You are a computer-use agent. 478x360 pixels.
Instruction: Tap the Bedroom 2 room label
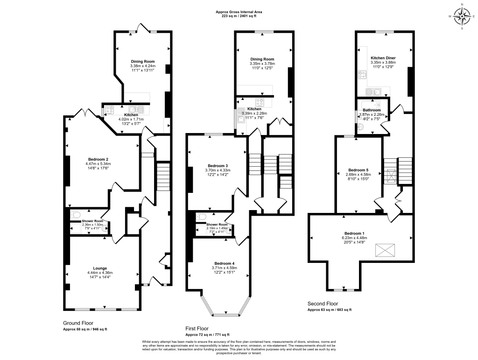pos(98,159)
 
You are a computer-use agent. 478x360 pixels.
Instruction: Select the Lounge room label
pos(98,268)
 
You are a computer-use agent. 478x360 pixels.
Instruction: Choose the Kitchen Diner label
pos(383,58)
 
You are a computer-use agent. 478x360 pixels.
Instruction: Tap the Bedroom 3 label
pos(218,166)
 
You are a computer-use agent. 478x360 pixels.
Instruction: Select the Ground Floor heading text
pos(78,323)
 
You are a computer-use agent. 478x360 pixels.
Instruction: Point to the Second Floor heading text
pos(322,303)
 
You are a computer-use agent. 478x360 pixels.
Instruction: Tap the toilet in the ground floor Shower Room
pos(75,215)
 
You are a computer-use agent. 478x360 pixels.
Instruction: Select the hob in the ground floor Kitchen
pos(111,110)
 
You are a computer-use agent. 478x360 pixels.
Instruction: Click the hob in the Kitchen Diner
pos(362,74)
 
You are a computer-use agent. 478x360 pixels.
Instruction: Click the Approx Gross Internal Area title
pos(239,12)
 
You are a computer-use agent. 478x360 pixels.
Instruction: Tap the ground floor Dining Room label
pos(142,62)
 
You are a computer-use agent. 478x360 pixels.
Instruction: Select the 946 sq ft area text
pos(85,329)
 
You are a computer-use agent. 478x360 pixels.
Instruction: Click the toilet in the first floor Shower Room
pos(200,217)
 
